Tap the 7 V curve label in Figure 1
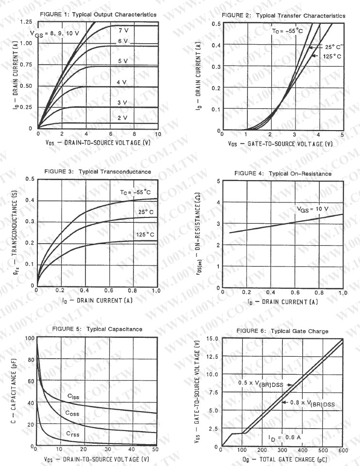coord(123,30)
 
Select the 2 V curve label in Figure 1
coord(122,118)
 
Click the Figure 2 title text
coord(283,16)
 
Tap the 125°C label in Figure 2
coord(332,56)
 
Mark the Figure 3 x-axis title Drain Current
coord(98,301)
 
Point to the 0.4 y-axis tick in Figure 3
coord(30,200)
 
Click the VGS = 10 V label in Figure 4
coord(313,209)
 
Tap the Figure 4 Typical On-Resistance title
coord(283,173)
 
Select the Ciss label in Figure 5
coord(73,397)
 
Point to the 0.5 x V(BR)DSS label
coord(262,383)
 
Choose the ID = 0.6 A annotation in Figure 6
coord(286,437)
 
